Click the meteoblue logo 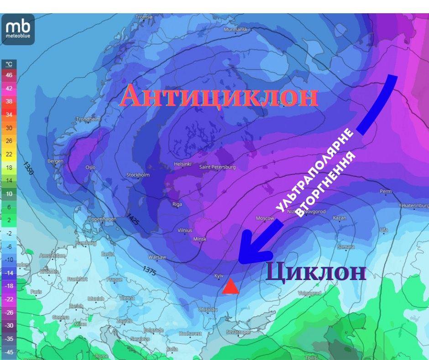[18, 29]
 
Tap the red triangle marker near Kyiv [230, 287]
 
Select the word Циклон [316, 272]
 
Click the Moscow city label [265, 219]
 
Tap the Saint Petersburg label [217, 167]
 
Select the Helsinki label [183, 164]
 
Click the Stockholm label [138, 175]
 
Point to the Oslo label [90, 167]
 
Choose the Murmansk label [235, 30]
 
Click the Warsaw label [157, 257]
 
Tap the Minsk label [200, 239]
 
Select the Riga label [177, 204]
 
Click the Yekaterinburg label [413, 206]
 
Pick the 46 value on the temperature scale [9, 75]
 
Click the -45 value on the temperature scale [9, 352]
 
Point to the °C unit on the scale [9, 64]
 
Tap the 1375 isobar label [149, 270]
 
